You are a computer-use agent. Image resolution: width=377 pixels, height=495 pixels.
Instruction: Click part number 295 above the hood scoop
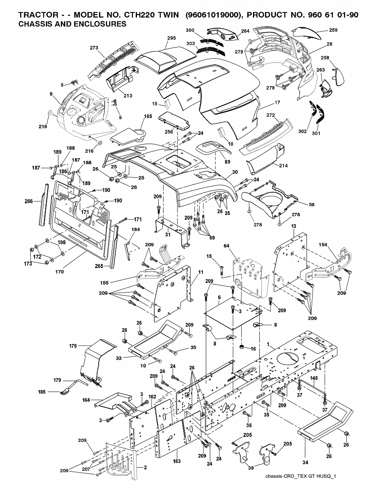172,38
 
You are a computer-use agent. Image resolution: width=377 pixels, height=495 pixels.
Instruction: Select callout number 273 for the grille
94,48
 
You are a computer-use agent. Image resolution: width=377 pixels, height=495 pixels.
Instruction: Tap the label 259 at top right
333,30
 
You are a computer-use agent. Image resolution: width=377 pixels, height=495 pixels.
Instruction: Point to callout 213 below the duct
128,96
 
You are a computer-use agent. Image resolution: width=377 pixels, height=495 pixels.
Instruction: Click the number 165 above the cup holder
148,116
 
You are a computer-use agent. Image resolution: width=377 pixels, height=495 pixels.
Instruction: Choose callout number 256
169,132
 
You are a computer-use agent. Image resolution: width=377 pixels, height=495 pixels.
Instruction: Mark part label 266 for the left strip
29,201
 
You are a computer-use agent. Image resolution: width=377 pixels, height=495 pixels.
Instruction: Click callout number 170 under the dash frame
60,272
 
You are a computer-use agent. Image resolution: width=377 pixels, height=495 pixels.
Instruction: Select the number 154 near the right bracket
323,245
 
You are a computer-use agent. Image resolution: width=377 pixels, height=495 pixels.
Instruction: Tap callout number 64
226,245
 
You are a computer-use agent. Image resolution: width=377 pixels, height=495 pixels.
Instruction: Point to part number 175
73,346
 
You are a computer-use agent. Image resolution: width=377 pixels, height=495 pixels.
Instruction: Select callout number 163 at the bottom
177,461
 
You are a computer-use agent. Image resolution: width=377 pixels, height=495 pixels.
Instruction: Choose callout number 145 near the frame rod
314,378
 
